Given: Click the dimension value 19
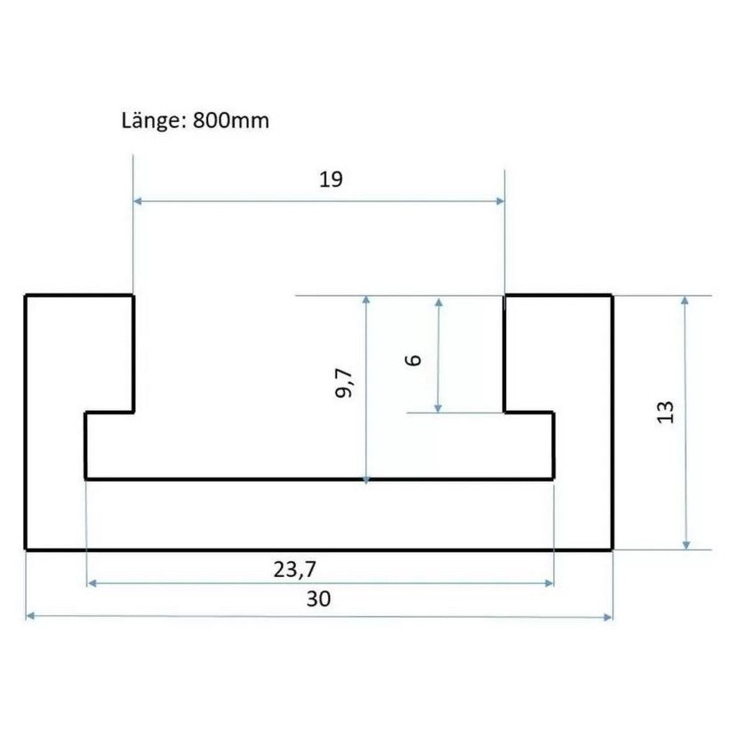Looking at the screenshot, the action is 331,180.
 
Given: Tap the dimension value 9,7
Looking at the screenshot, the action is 344,384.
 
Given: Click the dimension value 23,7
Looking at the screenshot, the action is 294,569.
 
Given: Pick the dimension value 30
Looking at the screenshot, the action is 318,598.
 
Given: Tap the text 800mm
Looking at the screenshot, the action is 231,120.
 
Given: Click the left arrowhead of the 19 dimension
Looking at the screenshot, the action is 138,201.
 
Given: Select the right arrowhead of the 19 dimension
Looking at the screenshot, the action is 500,201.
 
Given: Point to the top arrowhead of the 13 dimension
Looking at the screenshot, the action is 686,300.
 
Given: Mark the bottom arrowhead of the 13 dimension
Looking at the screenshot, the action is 686,545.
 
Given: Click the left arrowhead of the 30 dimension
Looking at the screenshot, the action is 30,616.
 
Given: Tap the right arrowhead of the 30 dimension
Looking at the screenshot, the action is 608,617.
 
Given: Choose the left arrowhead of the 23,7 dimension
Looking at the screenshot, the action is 92,583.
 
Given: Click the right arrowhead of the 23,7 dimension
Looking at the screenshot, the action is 549,583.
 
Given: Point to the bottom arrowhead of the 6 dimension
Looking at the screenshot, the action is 438,408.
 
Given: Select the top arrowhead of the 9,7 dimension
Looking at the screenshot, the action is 365,300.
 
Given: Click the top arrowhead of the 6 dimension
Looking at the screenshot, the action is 439,302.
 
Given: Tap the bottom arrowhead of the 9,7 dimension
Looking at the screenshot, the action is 365,480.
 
